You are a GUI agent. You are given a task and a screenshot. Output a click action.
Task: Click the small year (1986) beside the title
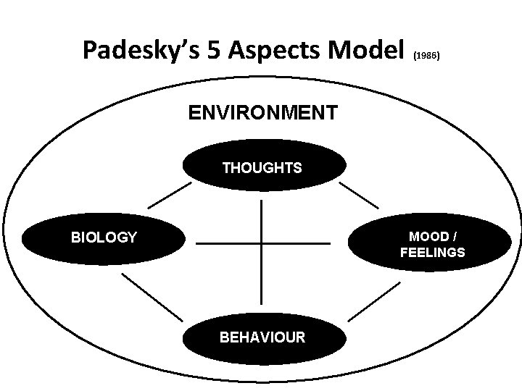point(426,55)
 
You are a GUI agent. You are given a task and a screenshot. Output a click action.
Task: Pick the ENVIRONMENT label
point(262,113)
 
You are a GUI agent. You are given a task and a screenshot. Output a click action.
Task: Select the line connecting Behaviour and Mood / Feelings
point(374,300)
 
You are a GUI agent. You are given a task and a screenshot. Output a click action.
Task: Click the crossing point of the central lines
point(261,243)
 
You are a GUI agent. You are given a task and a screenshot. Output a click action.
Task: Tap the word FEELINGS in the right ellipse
point(433,253)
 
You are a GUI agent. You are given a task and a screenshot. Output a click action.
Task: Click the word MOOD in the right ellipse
point(425,237)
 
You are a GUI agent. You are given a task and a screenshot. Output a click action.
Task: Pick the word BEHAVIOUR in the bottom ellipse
point(262,337)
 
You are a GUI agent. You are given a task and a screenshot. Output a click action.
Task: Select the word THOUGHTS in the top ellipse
point(262,168)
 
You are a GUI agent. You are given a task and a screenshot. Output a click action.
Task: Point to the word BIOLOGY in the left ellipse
point(104,237)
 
